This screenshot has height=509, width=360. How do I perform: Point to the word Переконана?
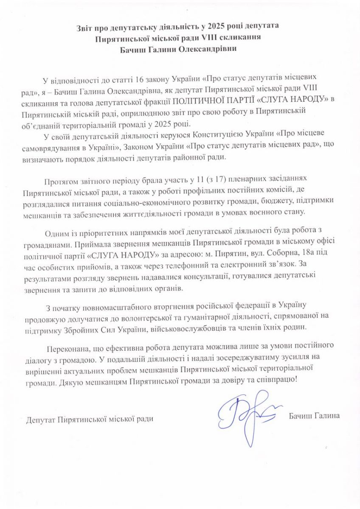(x=67, y=348)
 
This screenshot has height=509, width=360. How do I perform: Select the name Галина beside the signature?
(x=327, y=416)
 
